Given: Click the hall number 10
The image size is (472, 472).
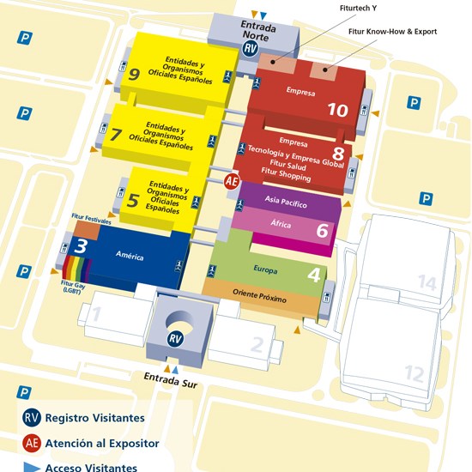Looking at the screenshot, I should click(337, 110).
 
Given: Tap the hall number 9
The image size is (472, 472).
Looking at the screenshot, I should click(134, 74).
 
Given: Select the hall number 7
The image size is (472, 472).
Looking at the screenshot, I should click(118, 134).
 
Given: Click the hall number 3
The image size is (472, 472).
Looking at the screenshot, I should click(81, 245).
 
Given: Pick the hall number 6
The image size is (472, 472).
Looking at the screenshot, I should click(322, 230).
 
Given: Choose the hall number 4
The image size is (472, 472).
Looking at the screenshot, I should click(315, 275).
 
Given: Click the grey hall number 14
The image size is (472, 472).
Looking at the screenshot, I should click(427, 282).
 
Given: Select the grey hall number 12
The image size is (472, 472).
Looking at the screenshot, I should click(415, 373).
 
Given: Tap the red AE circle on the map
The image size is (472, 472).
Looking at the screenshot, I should click(231, 181).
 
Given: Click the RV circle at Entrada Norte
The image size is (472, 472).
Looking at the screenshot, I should click(251, 50).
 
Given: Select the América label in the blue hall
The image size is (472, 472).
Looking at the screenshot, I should click(130, 257).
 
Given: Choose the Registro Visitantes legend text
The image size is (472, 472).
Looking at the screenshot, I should click(95, 418).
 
